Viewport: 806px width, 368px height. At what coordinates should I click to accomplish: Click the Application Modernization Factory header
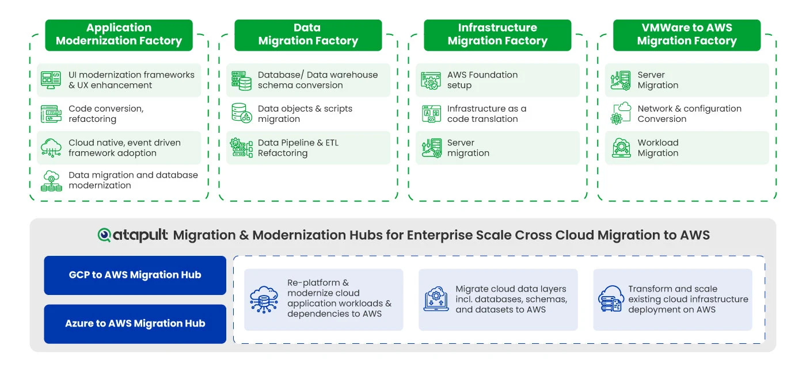(119, 35)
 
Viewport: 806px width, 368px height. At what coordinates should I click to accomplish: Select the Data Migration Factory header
(308, 35)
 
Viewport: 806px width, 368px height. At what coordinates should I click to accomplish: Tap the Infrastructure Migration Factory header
(497, 35)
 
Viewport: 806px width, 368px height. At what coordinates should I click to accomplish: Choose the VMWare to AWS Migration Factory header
(686, 35)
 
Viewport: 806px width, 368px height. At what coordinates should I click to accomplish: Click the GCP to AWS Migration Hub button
(135, 275)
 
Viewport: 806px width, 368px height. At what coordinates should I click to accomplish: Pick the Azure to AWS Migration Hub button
(135, 324)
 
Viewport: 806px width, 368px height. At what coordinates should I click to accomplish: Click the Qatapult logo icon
(104, 235)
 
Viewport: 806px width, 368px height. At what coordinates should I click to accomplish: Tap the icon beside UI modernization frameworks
(51, 80)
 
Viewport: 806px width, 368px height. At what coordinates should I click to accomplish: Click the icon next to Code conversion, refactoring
(51, 114)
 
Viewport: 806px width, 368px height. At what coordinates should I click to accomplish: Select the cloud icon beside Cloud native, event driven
(51, 148)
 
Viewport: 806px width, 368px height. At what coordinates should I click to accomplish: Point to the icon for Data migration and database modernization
(51, 181)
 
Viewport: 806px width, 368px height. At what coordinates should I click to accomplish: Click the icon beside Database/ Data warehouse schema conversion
(241, 80)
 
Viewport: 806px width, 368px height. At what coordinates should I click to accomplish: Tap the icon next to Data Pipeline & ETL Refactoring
(241, 148)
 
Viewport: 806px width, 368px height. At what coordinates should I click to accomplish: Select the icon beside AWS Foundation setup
(431, 80)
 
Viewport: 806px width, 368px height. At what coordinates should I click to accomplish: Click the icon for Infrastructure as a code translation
(431, 114)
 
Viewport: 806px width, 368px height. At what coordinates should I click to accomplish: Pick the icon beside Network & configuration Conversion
(621, 113)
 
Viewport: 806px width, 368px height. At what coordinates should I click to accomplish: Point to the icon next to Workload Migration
(621, 148)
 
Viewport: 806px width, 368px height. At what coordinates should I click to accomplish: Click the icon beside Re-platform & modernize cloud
(264, 300)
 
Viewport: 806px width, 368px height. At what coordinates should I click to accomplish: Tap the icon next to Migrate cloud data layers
(436, 298)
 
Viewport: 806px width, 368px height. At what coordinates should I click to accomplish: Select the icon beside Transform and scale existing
(611, 298)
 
